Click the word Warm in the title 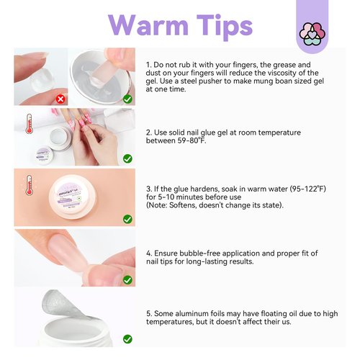[x=148, y=25]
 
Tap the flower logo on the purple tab [x=312, y=34]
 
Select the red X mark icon [x=60, y=99]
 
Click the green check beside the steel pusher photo [x=127, y=99]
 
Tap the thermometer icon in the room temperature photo [x=30, y=124]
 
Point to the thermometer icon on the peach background [x=30, y=185]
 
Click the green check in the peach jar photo [x=127, y=219]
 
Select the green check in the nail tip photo [x=127, y=280]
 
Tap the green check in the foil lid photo [x=127, y=339]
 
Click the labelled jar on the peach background [x=73, y=197]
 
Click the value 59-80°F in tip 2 [x=192, y=140]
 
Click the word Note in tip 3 [x=157, y=205]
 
